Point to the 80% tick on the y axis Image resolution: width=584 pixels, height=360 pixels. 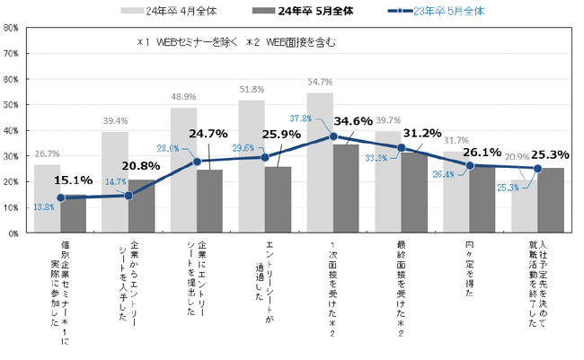click(14, 27)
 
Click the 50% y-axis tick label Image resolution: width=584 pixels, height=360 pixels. click(14, 104)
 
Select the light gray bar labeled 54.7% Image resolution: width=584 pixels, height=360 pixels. click(320, 162)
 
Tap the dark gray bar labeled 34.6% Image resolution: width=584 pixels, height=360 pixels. click(346, 189)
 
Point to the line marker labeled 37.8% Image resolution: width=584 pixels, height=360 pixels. click(333, 136)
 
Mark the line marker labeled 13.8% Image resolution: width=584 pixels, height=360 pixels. click(61, 198)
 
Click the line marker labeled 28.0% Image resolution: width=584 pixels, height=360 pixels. click(198, 162)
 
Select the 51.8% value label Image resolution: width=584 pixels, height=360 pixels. click(252, 89)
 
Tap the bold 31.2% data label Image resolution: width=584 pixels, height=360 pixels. click(417, 135)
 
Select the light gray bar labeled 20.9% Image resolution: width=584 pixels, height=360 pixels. click(524, 206)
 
